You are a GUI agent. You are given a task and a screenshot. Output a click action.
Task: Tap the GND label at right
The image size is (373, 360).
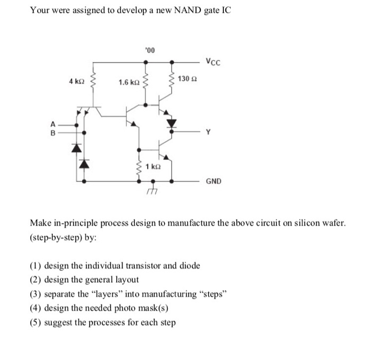(214, 181)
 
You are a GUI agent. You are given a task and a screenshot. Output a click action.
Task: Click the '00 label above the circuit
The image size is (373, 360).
(149, 51)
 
